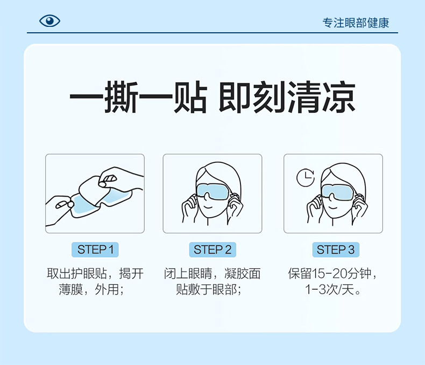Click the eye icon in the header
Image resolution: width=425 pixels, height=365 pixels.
point(49,21)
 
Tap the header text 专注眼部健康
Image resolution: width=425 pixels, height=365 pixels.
point(356,23)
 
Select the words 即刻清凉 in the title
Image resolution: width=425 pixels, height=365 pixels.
point(287,98)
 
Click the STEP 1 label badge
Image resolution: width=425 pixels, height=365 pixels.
point(95,249)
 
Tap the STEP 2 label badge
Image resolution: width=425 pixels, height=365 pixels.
point(212,249)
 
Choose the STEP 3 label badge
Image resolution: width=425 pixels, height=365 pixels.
point(335,249)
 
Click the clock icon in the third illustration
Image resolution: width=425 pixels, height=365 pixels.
point(306,177)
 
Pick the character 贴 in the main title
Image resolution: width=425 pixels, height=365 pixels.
point(189,98)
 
